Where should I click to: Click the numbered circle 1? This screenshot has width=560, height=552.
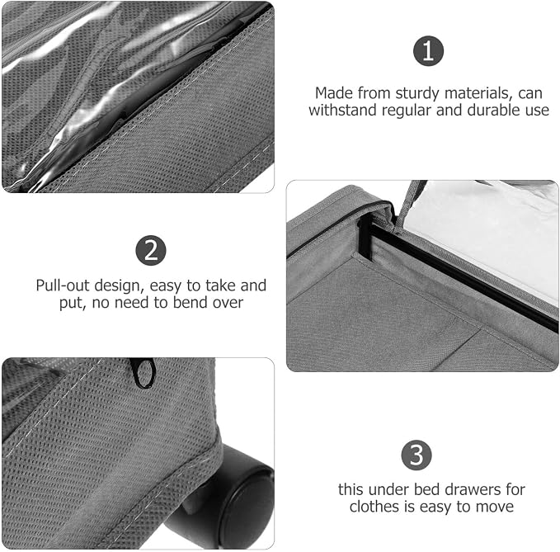pos(428,50)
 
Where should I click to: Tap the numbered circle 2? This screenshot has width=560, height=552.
pos(151,250)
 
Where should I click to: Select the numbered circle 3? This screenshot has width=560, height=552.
pos(416,455)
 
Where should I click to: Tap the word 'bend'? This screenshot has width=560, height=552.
pos(191,303)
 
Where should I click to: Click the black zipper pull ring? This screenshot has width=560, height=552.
pos(144,372)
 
